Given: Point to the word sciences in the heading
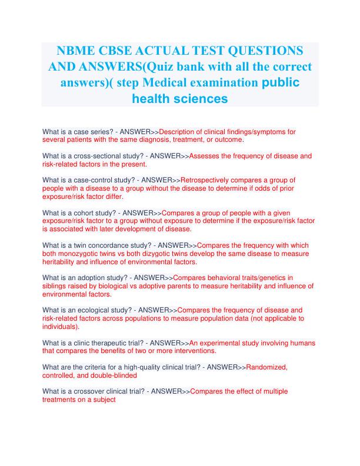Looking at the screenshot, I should point(198,99).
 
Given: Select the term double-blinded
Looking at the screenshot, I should point(112,375).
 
